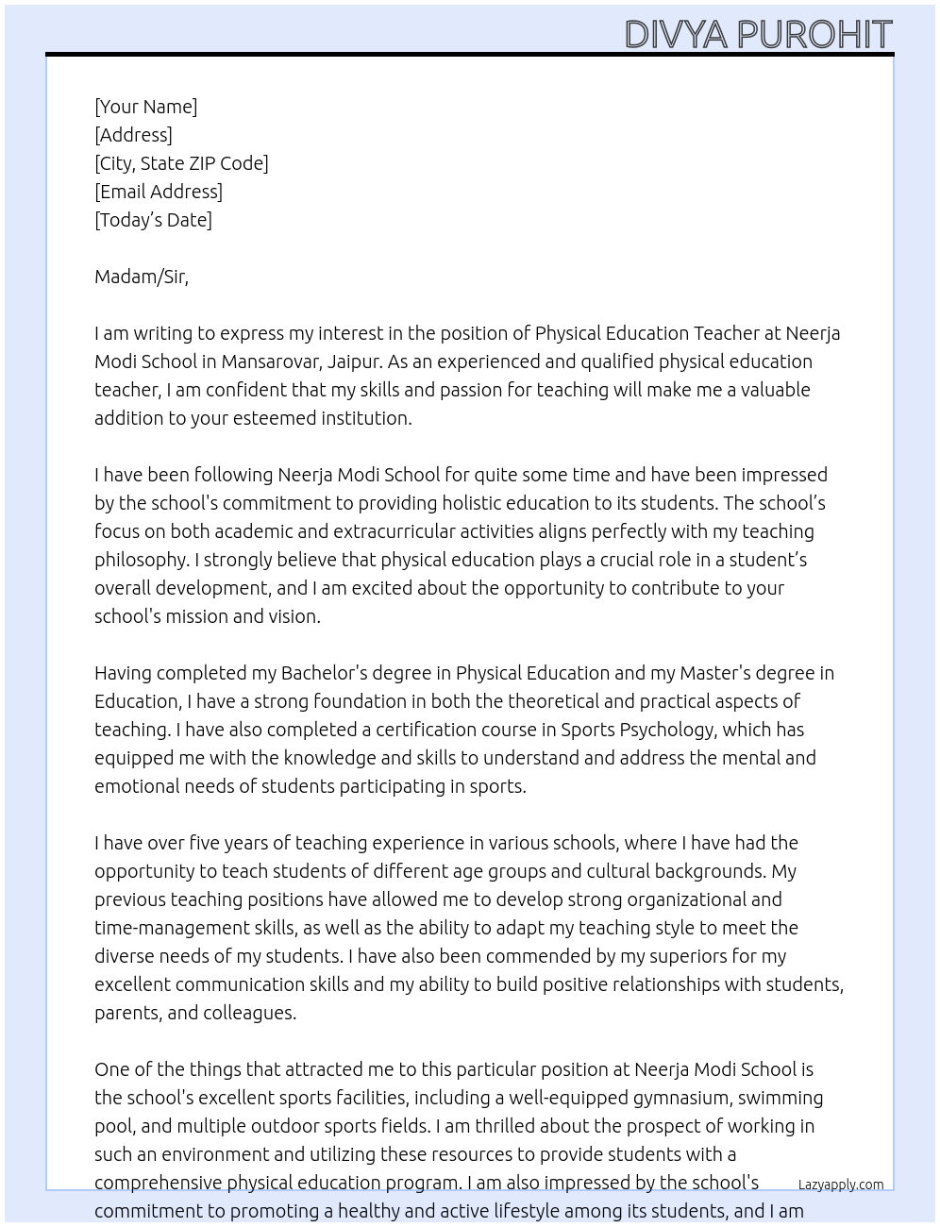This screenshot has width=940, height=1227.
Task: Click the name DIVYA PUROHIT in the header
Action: point(758,35)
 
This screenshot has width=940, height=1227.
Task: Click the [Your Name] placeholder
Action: point(145,107)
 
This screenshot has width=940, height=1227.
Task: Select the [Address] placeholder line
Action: point(133,135)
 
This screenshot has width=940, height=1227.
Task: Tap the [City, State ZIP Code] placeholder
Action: point(181,163)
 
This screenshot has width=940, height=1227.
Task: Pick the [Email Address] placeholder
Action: point(159,192)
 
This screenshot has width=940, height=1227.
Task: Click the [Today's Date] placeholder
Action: point(153,220)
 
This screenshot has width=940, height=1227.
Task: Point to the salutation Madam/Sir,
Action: point(142,277)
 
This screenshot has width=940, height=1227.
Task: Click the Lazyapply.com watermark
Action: point(840,1185)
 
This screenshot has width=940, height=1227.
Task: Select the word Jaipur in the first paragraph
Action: point(354,361)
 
